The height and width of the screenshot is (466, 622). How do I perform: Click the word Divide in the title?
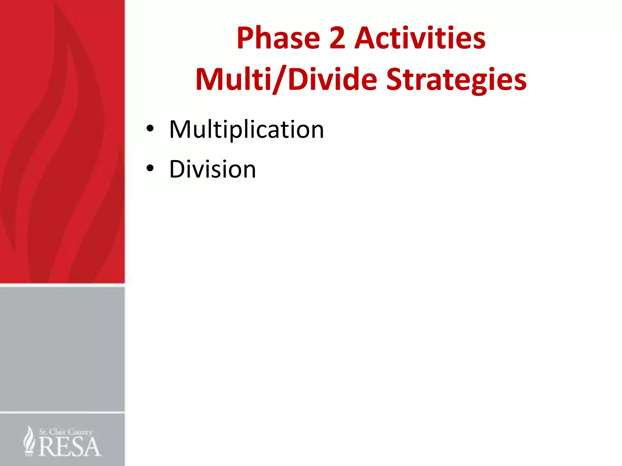(333, 79)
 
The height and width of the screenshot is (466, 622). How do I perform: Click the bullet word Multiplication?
(246, 130)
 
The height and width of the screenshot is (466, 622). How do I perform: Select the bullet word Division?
(212, 169)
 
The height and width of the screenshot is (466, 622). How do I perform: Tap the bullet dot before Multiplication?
(150, 129)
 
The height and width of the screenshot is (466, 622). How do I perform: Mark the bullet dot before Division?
(150, 168)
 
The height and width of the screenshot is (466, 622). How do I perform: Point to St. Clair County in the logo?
(66, 432)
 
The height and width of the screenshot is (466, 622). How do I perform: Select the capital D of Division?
(177, 169)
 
